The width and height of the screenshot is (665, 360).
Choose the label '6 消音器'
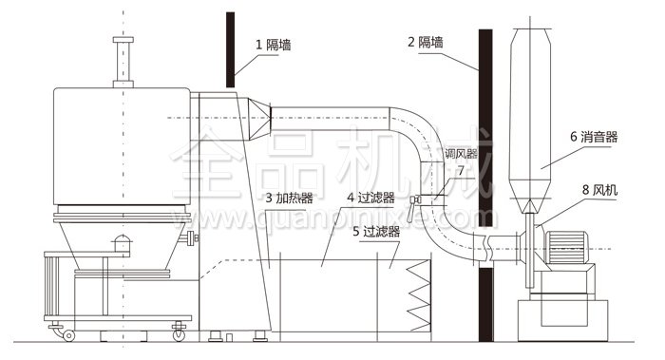(x=594, y=137)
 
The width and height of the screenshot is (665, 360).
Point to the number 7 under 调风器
(x=460, y=171)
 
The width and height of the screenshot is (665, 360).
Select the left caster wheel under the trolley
(x=68, y=334)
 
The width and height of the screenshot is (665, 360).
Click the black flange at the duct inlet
(x=270, y=119)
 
